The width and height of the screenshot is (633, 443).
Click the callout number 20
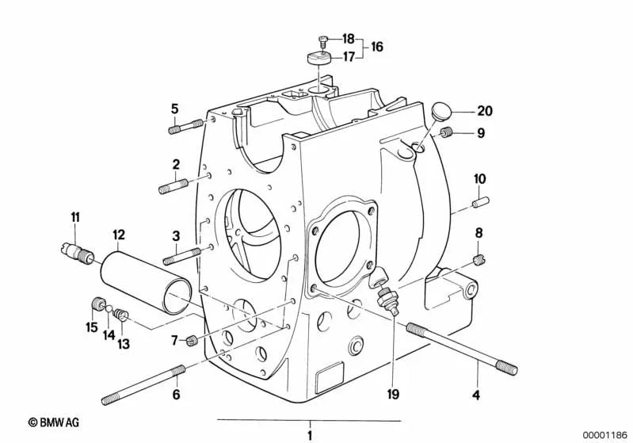coord(485,111)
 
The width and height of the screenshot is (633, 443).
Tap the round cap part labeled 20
coord(440,111)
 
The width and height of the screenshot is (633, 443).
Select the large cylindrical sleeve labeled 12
coord(147,282)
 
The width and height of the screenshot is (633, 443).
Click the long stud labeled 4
coord(462,349)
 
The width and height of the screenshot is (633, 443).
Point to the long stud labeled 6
coord(143,385)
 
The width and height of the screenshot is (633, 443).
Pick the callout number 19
coord(393,394)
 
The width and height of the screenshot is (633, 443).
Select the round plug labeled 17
coord(319,57)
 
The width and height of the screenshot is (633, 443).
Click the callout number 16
coord(376,47)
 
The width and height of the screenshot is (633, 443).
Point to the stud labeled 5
coord(185,126)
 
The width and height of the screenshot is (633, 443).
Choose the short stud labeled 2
coord(174,186)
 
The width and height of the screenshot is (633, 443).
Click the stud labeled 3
coord(182,257)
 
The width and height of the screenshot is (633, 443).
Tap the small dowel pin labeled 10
coord(481,201)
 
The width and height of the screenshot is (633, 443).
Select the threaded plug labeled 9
coord(445,132)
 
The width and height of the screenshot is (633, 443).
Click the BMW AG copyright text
coord(54,422)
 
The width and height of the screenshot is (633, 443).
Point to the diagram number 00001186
coord(605,434)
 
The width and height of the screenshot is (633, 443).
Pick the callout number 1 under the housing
coord(310,436)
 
